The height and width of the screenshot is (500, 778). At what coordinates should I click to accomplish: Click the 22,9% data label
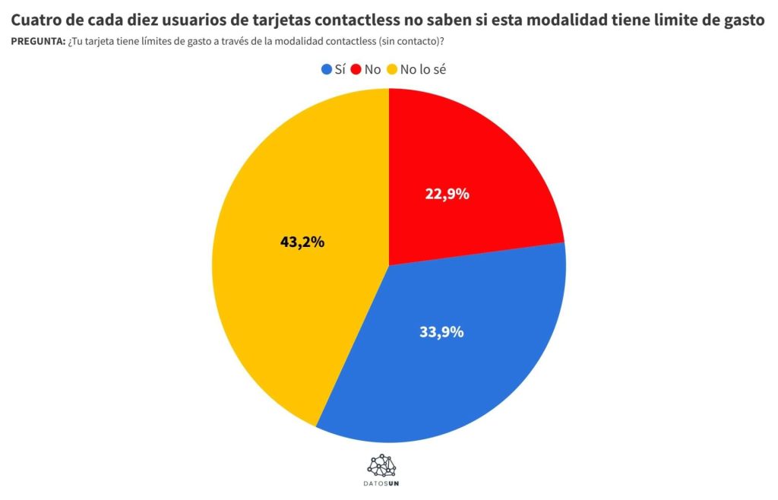pos(447,194)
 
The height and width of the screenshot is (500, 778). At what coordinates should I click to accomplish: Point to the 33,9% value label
pos(441,332)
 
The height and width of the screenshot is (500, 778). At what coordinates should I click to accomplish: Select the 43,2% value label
pos(302,242)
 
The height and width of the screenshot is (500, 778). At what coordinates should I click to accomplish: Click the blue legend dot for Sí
pos(327,69)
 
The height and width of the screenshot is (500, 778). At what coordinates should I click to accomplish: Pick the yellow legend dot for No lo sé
pos(393,69)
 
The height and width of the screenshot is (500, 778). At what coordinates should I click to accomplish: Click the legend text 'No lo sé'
pos(429,69)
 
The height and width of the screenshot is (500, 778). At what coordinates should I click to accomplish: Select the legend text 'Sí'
pos(340,69)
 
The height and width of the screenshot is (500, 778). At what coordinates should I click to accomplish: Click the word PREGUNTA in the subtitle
pos(37,40)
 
